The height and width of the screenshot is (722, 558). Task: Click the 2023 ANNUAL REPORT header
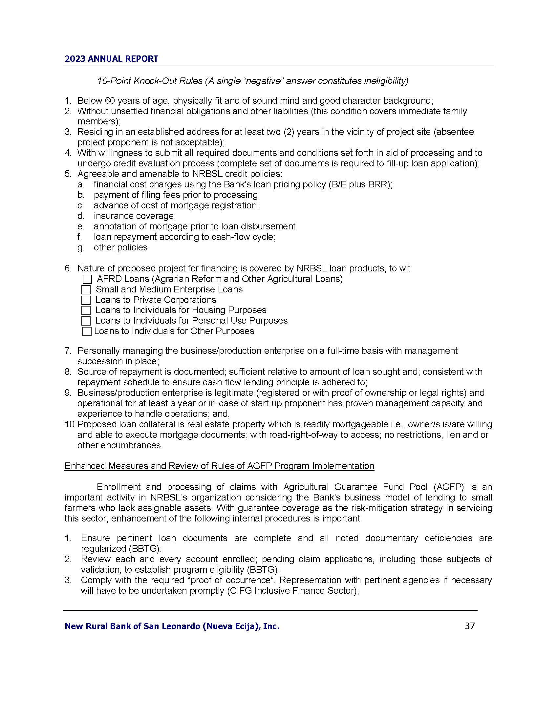tap(111, 59)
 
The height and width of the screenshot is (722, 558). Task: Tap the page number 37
tap(470, 626)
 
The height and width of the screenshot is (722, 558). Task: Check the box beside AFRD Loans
tap(87, 279)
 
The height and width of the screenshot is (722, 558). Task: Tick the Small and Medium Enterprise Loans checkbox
tap(86, 290)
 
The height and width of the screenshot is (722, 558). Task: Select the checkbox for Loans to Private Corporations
tap(86, 300)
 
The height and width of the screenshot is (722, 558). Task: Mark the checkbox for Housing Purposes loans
tap(86, 310)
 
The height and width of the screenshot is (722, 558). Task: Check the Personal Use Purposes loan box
tap(86, 321)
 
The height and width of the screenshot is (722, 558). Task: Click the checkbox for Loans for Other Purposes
tap(87, 331)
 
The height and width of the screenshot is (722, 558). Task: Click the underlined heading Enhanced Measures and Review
tap(219, 466)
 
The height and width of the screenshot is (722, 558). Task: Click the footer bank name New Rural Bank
tap(172, 626)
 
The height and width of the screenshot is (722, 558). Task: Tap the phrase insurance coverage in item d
tap(135, 216)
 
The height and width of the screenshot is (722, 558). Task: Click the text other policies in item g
tap(121, 247)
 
